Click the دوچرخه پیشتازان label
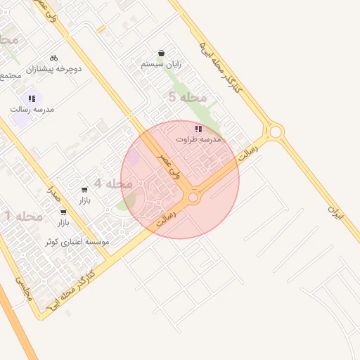(x=54, y=69)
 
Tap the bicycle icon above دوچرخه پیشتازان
(x=54, y=58)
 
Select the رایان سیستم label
(x=161, y=64)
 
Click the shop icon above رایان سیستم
(x=161, y=53)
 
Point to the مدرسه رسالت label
(x=32, y=110)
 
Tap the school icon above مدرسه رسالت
(x=32, y=98)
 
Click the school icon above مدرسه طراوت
(x=199, y=129)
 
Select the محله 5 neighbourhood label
(x=188, y=97)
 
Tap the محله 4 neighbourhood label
(x=113, y=184)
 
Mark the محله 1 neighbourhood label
(x=19, y=214)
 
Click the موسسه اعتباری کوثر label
(x=77, y=242)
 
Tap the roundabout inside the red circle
(x=193, y=198)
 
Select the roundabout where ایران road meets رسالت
(x=275, y=131)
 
